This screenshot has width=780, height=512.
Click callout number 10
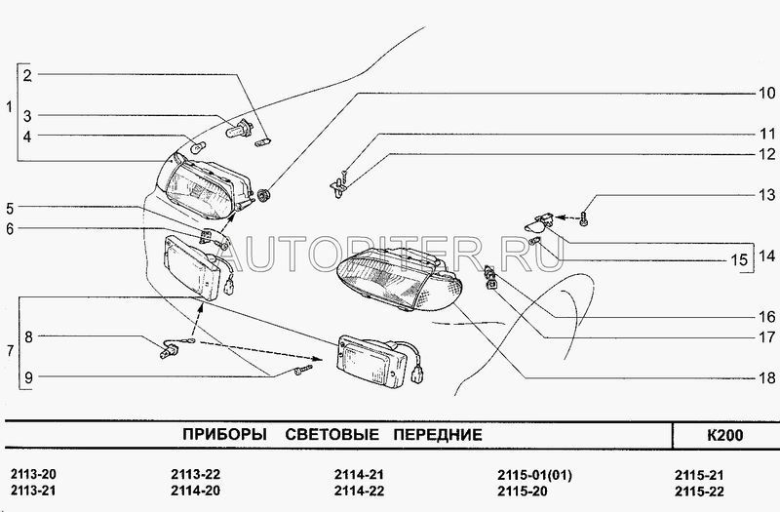pos(767,93)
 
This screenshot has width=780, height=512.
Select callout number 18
pos(767,378)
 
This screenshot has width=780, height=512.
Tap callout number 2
pos(27,76)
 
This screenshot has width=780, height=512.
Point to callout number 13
pos(767,194)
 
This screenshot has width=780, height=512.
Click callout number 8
pos(28,336)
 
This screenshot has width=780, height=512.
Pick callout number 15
pos(740,259)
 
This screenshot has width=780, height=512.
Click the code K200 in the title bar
pos(724,435)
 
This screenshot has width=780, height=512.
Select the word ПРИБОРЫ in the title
pos(224,434)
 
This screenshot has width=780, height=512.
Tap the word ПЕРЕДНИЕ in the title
pos(438,434)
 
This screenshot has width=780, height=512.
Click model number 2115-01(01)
pos(534,475)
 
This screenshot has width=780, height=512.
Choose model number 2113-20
pos(33,474)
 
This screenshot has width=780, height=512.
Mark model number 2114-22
pos(359,492)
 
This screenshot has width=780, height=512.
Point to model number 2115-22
pos(699,492)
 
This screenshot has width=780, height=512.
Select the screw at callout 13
pos(584,217)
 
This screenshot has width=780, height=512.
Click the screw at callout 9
pos(302,371)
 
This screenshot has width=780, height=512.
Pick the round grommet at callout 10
pos(263,195)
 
